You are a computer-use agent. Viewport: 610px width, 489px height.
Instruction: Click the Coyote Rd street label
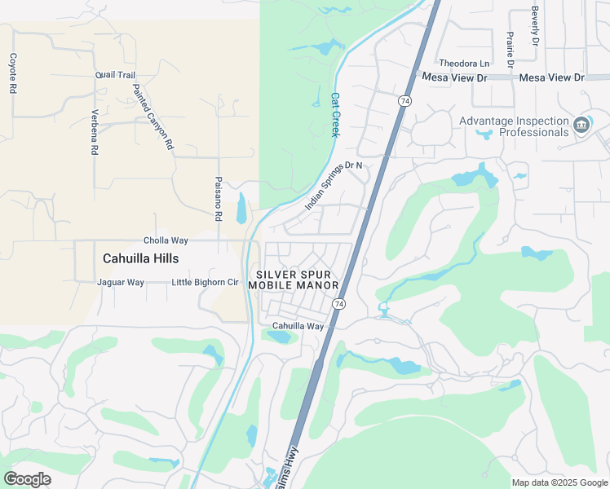[x=12, y=73]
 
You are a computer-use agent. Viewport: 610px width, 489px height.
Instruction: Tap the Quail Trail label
[x=115, y=75]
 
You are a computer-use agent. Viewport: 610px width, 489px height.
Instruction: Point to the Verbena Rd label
[x=95, y=132]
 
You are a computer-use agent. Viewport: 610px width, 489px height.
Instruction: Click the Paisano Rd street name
[x=219, y=199]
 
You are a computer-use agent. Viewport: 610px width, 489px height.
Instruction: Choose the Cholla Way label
[x=166, y=240]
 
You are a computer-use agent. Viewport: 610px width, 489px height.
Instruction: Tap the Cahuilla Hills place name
[x=140, y=258]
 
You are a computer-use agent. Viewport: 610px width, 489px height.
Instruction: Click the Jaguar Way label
[x=121, y=283]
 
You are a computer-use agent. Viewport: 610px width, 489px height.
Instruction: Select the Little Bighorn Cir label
[x=205, y=283]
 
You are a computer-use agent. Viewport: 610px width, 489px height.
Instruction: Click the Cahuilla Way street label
[x=298, y=326]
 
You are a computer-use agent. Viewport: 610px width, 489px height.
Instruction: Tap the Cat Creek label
[x=334, y=114]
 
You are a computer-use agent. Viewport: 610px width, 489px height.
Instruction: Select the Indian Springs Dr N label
[x=333, y=186]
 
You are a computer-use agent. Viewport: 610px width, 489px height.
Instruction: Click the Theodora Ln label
[x=464, y=64]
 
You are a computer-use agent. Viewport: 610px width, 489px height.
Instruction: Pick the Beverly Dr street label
[x=535, y=26]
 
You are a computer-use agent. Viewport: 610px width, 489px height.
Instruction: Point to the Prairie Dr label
[x=510, y=49]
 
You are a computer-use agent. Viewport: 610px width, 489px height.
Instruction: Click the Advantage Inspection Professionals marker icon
[x=581, y=125]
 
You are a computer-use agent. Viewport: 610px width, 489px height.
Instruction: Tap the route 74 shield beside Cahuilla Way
[x=338, y=304]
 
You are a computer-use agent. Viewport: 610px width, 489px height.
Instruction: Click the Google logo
[x=27, y=479]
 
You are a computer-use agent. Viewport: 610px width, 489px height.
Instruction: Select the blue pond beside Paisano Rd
[x=241, y=209]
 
